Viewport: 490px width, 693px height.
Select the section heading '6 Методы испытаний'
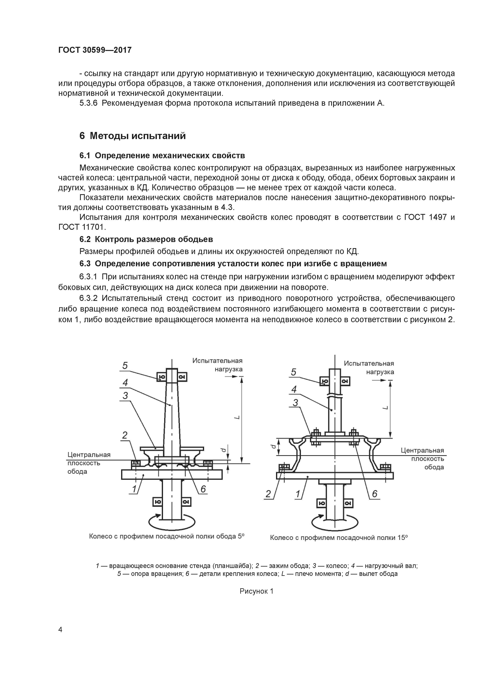click(x=132, y=136)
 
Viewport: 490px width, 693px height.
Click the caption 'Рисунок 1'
click(x=256, y=591)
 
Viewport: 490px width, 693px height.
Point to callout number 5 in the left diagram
click(x=125, y=366)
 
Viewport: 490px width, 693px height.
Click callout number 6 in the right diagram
click(x=374, y=494)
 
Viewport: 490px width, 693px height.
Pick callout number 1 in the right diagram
click(x=298, y=494)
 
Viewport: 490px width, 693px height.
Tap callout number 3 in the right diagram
click(x=295, y=403)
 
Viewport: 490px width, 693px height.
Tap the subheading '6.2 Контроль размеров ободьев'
click(x=146, y=239)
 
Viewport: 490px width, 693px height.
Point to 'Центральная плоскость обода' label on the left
click(x=89, y=463)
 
